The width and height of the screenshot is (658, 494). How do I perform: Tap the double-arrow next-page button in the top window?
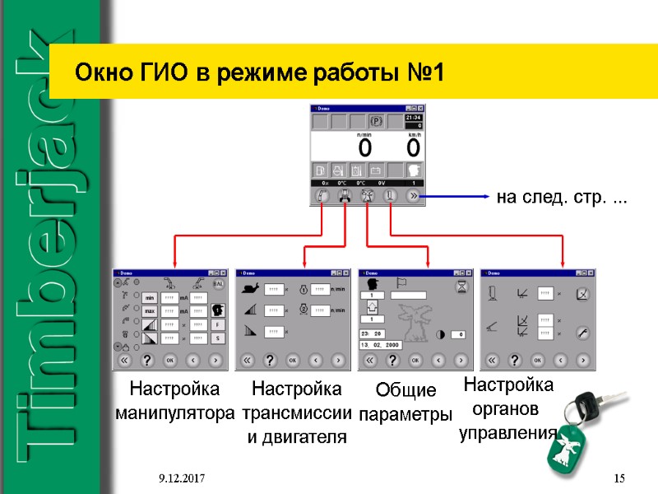coord(413,197)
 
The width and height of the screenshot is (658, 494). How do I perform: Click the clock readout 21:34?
coord(413,118)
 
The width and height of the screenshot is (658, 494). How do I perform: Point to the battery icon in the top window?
coord(376,170)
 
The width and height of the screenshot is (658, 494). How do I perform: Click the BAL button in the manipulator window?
coord(218,283)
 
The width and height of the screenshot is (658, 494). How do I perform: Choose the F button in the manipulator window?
coord(219,324)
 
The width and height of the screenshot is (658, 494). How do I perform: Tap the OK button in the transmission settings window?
coord(292,360)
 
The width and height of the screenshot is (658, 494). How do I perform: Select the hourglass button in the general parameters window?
coord(462,285)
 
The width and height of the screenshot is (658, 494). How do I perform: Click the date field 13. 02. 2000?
coord(381,345)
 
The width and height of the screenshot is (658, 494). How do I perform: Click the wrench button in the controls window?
coord(582,333)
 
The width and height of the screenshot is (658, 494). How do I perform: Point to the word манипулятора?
coord(175,411)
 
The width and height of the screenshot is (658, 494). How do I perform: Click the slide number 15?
coord(620,478)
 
